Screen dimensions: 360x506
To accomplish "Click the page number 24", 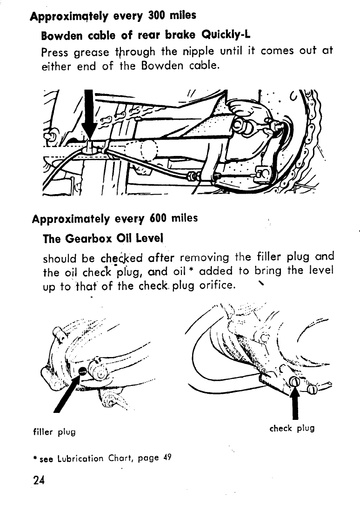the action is tap(40, 480).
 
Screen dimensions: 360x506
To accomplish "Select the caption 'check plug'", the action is tap(292, 428).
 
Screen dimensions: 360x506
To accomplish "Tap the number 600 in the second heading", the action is tap(162, 218).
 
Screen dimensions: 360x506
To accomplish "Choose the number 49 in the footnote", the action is tap(167, 457).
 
